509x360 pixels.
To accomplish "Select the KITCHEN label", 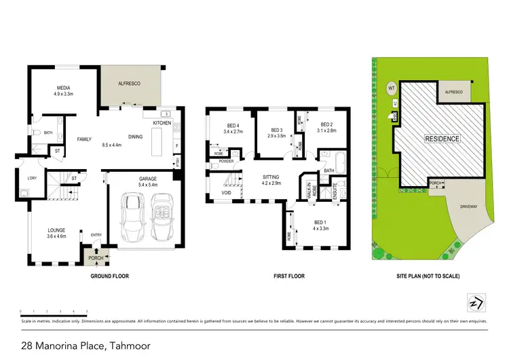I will (162, 123).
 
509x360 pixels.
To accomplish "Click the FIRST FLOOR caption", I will (289, 276).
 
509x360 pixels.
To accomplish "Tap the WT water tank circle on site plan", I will (392, 88).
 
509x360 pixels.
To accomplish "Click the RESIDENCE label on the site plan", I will (442, 139).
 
